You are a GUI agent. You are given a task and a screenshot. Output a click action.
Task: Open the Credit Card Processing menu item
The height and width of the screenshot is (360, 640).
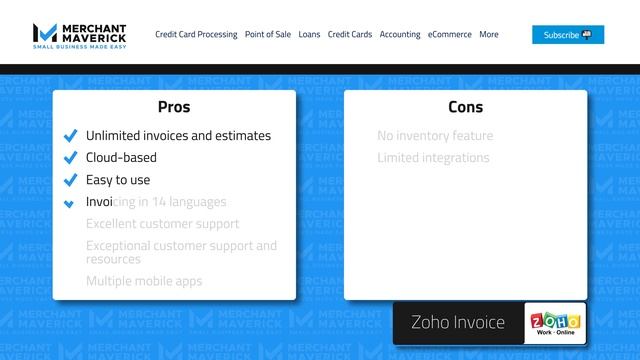tap(196, 34)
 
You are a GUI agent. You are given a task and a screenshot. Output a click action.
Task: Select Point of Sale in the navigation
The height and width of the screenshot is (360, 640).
tap(267, 34)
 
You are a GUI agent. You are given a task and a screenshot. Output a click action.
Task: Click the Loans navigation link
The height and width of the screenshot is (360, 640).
tap(309, 34)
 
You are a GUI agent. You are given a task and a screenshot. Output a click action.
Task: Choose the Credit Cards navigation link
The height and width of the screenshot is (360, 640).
tap(350, 34)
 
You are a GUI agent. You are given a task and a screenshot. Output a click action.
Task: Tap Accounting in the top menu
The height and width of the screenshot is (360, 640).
tap(400, 34)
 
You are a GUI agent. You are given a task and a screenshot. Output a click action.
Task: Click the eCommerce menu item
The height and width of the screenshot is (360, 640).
tap(449, 34)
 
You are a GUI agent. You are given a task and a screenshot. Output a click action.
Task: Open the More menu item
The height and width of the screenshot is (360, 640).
tap(489, 34)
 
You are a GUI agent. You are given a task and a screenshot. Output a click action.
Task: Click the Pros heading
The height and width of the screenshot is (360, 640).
tap(174, 107)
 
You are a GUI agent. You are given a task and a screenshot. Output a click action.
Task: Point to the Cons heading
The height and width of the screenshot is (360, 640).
tap(465, 107)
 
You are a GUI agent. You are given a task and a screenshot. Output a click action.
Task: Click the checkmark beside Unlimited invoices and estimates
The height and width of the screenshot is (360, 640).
tap(70, 136)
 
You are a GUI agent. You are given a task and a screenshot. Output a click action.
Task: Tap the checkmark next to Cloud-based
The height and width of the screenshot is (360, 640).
tap(70, 158)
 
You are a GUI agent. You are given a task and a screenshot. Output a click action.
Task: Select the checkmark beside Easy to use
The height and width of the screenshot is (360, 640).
tap(70, 180)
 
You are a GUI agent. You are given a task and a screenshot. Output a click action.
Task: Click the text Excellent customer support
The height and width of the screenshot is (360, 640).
tap(162, 224)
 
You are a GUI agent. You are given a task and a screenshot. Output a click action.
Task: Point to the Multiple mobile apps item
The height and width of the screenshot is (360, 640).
tap(144, 281)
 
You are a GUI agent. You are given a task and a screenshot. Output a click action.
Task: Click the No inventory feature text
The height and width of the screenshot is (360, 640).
tap(435, 136)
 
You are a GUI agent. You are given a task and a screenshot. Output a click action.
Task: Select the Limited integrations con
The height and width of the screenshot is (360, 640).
tap(433, 158)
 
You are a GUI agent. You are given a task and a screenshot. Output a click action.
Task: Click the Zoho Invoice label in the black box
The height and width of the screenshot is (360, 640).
tap(458, 323)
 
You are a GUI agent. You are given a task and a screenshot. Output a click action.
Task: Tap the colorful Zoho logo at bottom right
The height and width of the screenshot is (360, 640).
tap(556, 323)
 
